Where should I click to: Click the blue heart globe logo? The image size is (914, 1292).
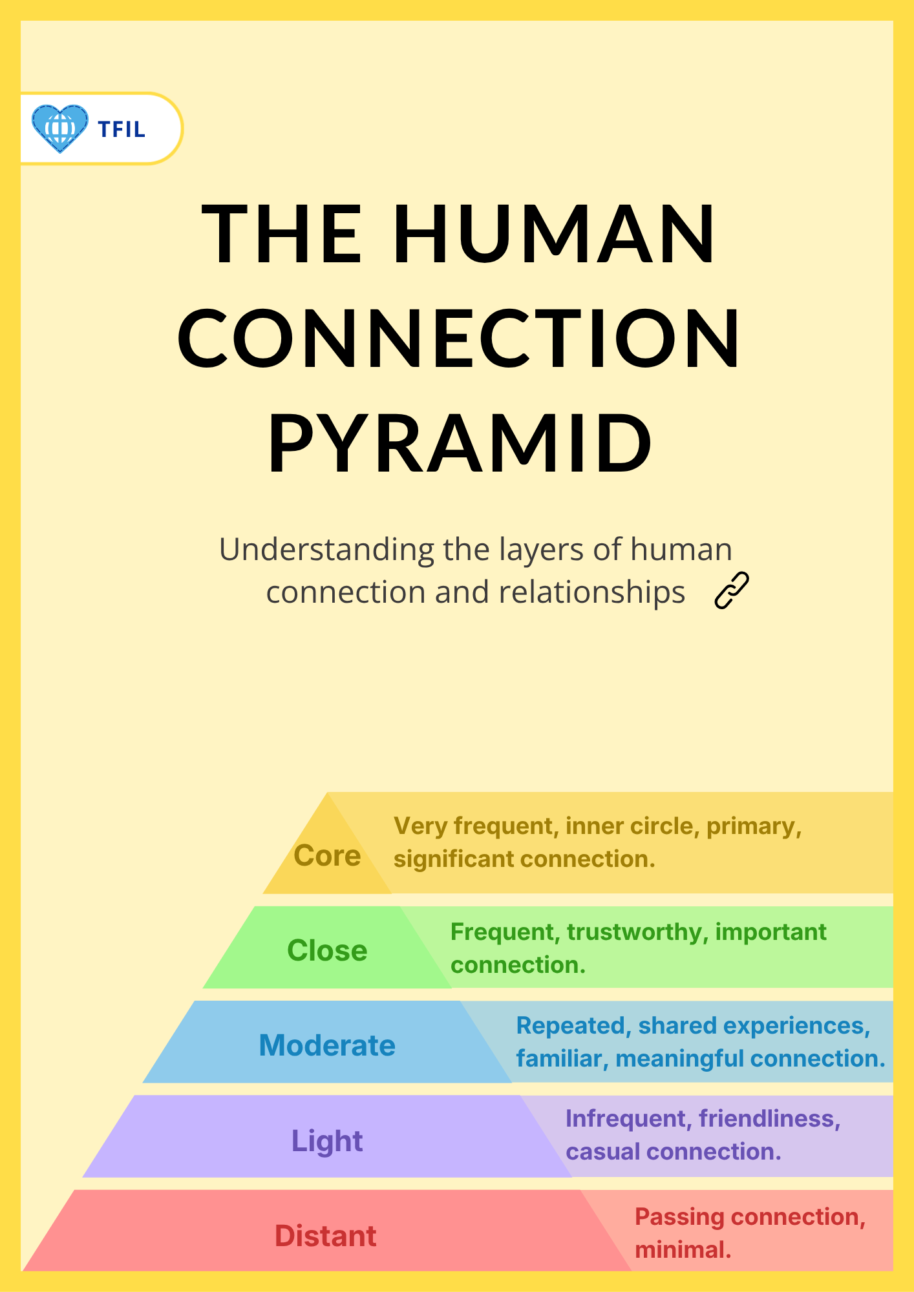(x=60, y=129)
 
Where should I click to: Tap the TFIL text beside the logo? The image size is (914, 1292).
(x=122, y=129)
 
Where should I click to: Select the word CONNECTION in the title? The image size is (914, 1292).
(x=458, y=339)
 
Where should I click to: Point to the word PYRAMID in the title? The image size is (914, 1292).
(x=460, y=444)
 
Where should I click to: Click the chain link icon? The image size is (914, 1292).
(x=732, y=590)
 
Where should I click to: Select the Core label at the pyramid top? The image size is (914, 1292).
(x=327, y=855)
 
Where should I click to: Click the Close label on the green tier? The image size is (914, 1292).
(x=327, y=950)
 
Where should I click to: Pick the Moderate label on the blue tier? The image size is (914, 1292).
(x=327, y=1045)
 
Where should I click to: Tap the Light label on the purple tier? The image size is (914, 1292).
(x=327, y=1141)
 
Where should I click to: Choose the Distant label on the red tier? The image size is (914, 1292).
(x=326, y=1236)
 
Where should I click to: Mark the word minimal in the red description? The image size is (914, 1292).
(x=683, y=1250)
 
